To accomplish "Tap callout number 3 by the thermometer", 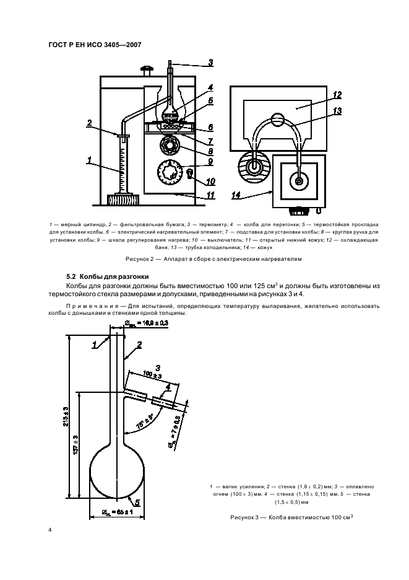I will pos(210,62).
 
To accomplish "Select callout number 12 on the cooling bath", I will pos(337,95).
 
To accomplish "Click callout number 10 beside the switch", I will pos(210,182).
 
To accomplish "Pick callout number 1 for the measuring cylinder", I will pos(90,160).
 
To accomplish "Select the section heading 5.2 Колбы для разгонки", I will pos(106,276).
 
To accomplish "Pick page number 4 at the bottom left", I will pos(50,530).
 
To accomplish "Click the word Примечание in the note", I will pos(90,306).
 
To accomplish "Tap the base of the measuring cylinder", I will pos(122,200).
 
